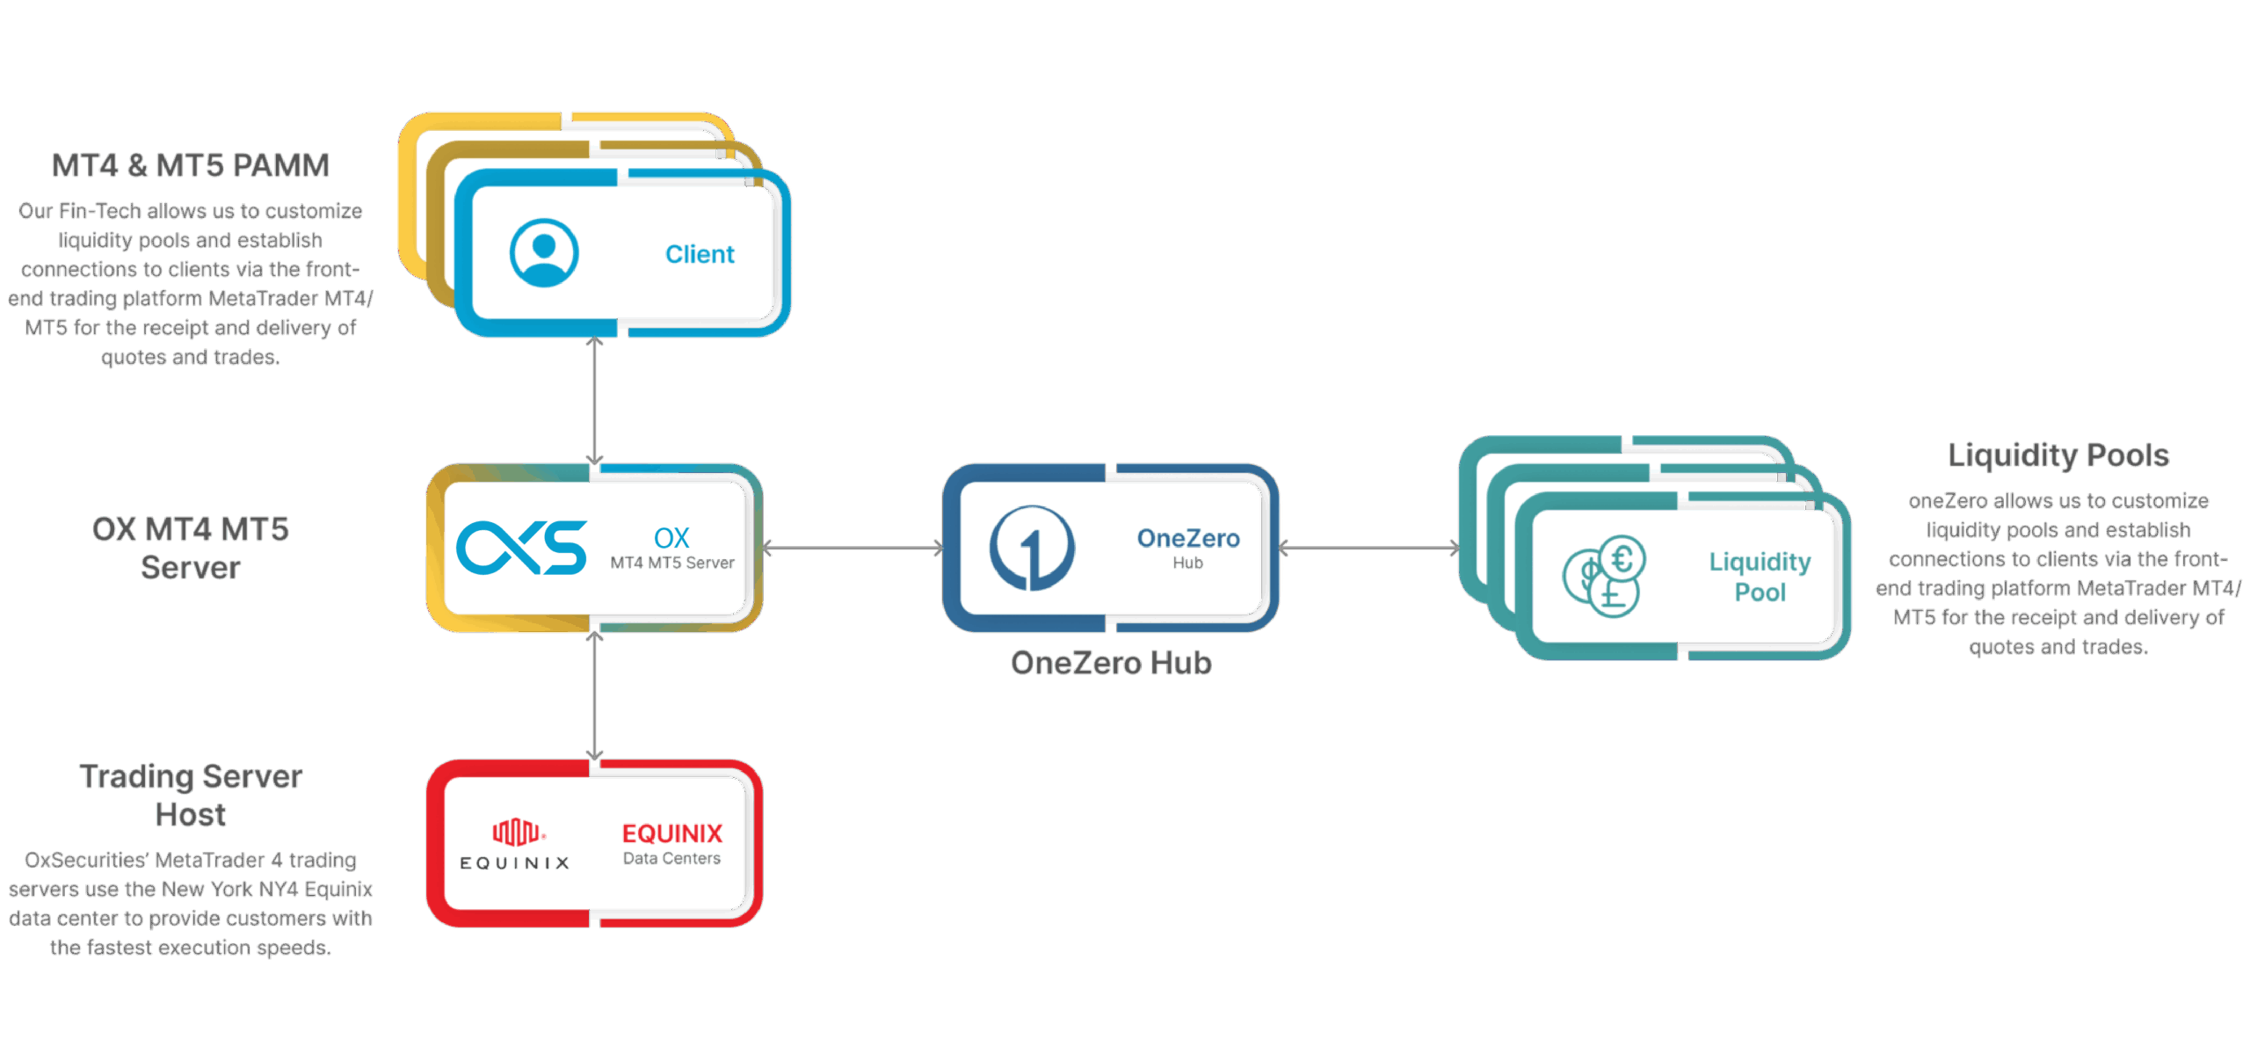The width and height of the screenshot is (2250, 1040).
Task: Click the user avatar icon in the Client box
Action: click(x=544, y=253)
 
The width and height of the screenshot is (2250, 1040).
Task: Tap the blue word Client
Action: click(x=700, y=254)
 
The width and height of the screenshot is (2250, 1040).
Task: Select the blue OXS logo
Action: click(x=521, y=548)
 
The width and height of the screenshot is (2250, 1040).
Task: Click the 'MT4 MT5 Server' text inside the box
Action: click(x=672, y=563)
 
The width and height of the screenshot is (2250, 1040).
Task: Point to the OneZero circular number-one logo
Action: click(x=1032, y=548)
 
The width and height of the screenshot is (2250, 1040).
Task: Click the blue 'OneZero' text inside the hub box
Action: click(x=1188, y=538)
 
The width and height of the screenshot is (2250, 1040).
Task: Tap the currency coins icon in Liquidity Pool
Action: click(x=1604, y=576)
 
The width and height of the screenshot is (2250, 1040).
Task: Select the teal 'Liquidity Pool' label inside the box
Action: click(x=1760, y=577)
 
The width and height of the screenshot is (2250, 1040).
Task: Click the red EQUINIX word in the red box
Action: click(x=672, y=833)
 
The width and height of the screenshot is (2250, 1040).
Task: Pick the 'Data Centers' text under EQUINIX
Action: click(x=672, y=859)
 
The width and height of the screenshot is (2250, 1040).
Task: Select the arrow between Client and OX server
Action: click(x=595, y=401)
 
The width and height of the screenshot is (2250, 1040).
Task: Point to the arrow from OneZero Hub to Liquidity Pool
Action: click(x=1368, y=549)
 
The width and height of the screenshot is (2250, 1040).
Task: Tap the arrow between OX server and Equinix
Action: click(x=595, y=695)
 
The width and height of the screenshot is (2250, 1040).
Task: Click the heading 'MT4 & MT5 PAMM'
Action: click(x=190, y=165)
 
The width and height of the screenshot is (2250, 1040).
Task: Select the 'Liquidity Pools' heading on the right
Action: click(x=2058, y=455)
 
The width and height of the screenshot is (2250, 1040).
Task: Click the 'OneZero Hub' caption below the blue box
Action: click(x=1111, y=663)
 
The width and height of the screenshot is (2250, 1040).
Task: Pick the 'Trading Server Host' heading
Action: click(x=191, y=796)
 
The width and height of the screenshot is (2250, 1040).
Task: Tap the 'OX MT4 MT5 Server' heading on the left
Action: click(x=191, y=549)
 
